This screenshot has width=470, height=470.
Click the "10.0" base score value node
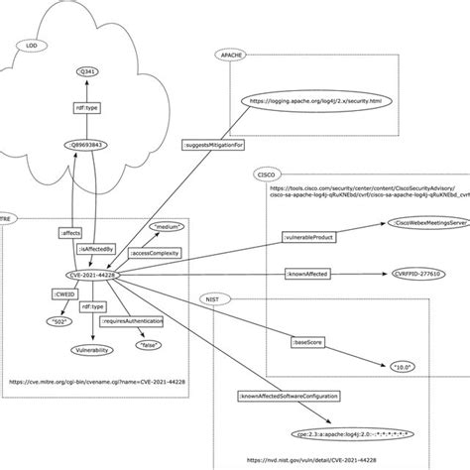click(x=400, y=366)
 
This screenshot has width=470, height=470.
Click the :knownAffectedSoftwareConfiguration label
click(x=288, y=399)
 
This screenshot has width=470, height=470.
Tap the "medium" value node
click(x=167, y=227)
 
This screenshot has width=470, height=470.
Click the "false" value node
click(x=151, y=344)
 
